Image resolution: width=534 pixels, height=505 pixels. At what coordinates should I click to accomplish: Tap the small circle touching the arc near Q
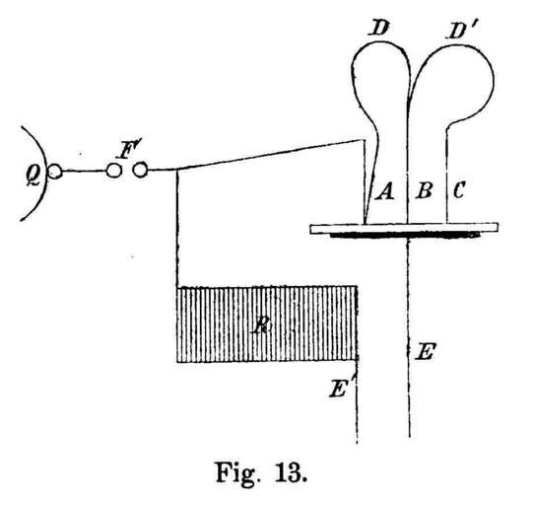pos(55,172)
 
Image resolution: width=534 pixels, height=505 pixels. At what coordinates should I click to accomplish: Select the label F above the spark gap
pos(125,150)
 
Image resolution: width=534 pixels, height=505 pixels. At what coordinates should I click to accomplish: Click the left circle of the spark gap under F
pos(113,171)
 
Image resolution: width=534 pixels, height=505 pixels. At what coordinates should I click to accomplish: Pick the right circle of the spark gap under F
pos(140,170)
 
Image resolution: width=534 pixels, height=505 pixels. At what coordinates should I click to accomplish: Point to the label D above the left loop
pos(378,28)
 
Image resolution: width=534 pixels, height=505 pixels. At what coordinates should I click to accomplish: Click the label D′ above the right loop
pos(460,31)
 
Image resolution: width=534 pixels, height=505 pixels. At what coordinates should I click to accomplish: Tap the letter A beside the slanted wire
pos(385,191)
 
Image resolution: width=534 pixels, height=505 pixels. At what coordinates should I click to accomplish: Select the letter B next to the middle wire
pos(424,190)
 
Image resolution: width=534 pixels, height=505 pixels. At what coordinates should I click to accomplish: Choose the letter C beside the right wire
pos(459,190)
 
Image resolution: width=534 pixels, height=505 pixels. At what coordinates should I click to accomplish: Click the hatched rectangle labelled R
pos(267,324)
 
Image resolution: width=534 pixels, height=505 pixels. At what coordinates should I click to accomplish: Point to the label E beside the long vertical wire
pos(426,351)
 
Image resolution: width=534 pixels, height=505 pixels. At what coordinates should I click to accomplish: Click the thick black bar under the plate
pos(404,235)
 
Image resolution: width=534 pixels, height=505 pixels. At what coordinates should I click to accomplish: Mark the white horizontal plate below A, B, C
pos(404,228)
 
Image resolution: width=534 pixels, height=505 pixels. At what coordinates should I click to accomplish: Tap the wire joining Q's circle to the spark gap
pos(84,171)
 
